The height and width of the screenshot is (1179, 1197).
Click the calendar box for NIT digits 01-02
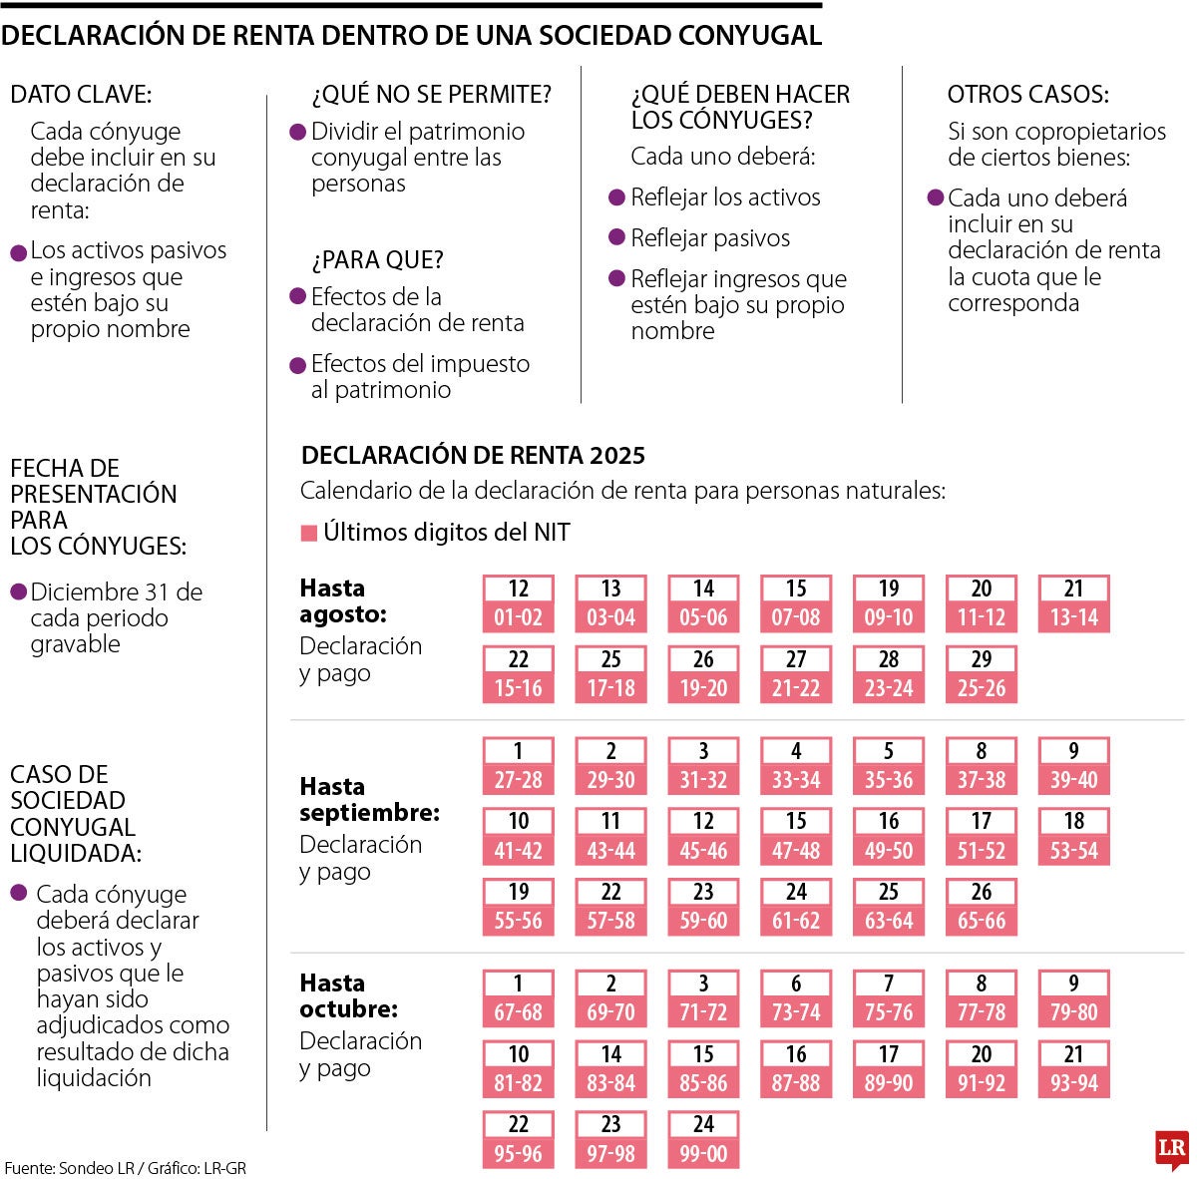(x=518, y=603)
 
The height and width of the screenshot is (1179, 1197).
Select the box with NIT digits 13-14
(x=1073, y=603)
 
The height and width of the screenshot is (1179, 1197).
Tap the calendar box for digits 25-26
(x=982, y=674)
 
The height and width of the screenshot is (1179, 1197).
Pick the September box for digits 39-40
(x=1073, y=766)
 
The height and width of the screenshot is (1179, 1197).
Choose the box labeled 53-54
(x=1073, y=837)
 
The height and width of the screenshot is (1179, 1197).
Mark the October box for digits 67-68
(x=518, y=998)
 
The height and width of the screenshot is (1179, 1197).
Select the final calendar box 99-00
(x=703, y=1140)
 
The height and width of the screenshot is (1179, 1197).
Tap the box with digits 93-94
(x=1073, y=1069)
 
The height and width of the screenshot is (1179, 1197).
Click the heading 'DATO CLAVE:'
(x=81, y=95)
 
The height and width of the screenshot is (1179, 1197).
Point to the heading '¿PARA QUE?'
(x=377, y=260)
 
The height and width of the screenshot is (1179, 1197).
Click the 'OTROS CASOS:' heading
(x=1027, y=95)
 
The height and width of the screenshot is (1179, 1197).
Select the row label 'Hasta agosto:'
(x=343, y=600)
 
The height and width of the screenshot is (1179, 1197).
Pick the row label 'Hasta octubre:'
(x=348, y=995)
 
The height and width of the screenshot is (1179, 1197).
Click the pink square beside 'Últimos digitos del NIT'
(x=309, y=534)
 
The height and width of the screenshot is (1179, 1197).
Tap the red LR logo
(x=1171, y=1148)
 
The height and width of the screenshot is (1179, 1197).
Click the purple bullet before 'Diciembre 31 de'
(x=18, y=592)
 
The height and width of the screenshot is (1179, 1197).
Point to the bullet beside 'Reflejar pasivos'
(x=617, y=238)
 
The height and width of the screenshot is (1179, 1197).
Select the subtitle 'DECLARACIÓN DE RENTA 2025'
(x=473, y=456)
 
